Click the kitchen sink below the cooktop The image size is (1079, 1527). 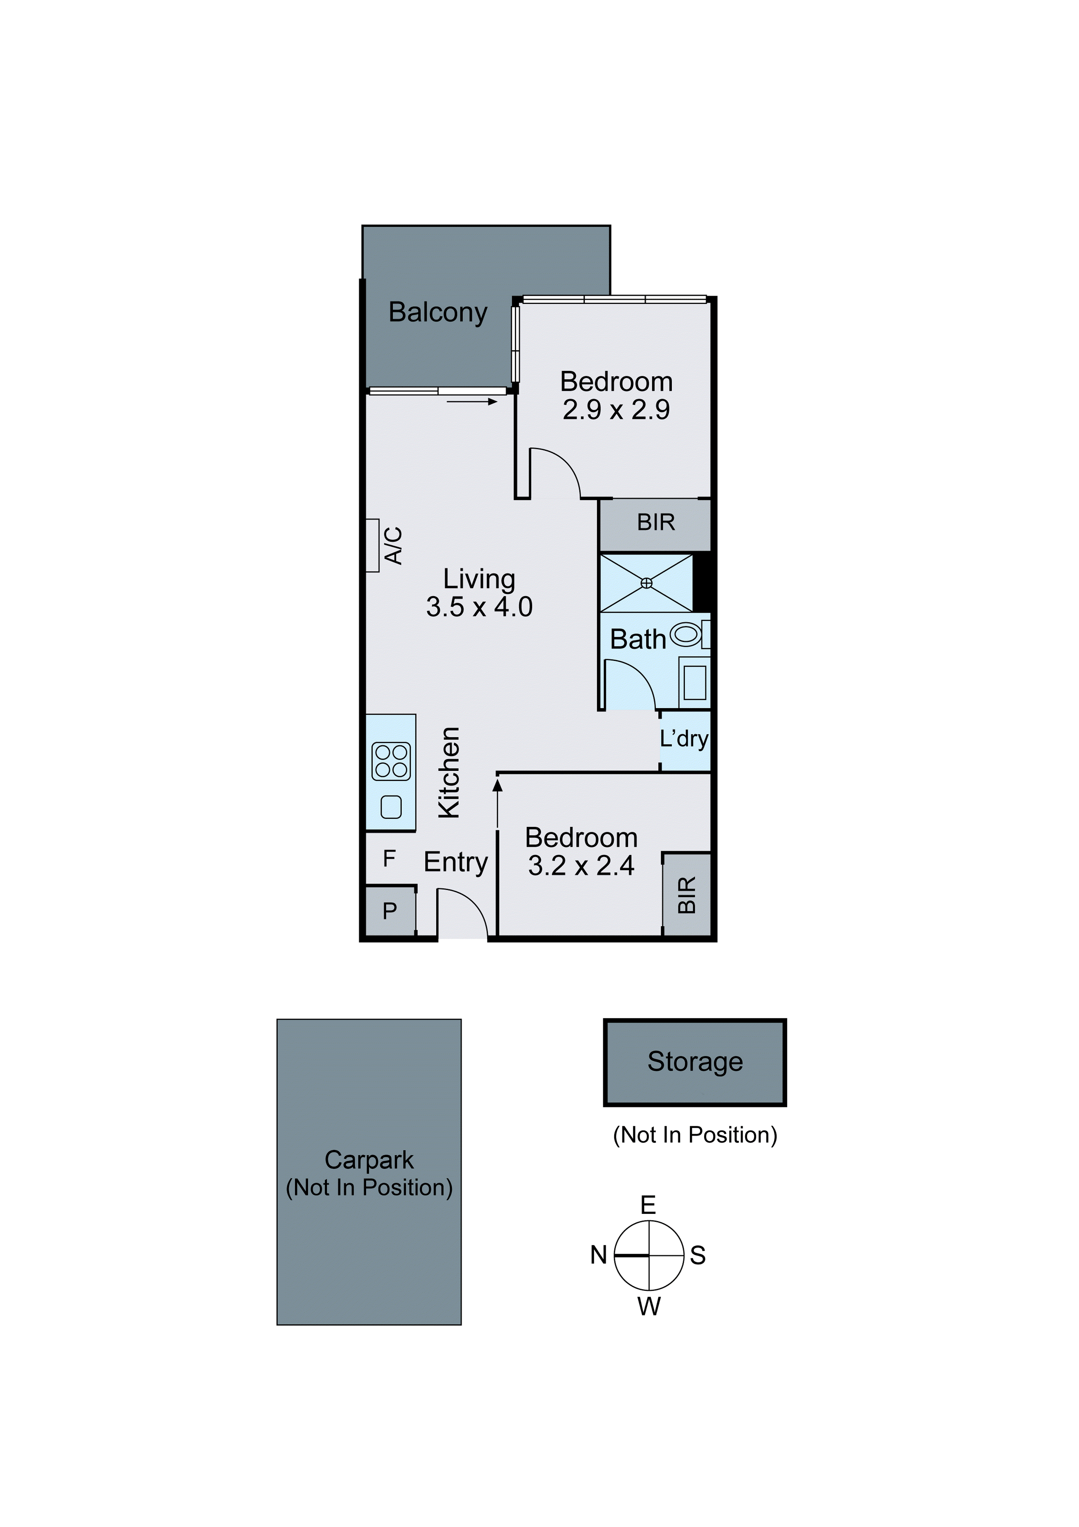click(391, 807)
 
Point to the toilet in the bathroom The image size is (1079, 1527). click(687, 634)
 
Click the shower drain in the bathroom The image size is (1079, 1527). click(646, 583)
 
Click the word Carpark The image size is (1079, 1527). click(369, 1160)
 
